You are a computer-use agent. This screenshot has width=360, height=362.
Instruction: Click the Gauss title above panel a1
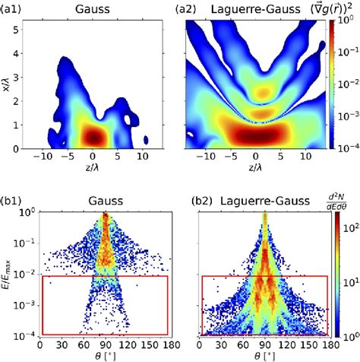pyautogui.click(x=99, y=10)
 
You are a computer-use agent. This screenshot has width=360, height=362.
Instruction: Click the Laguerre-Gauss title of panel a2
pyautogui.click(x=259, y=10)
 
